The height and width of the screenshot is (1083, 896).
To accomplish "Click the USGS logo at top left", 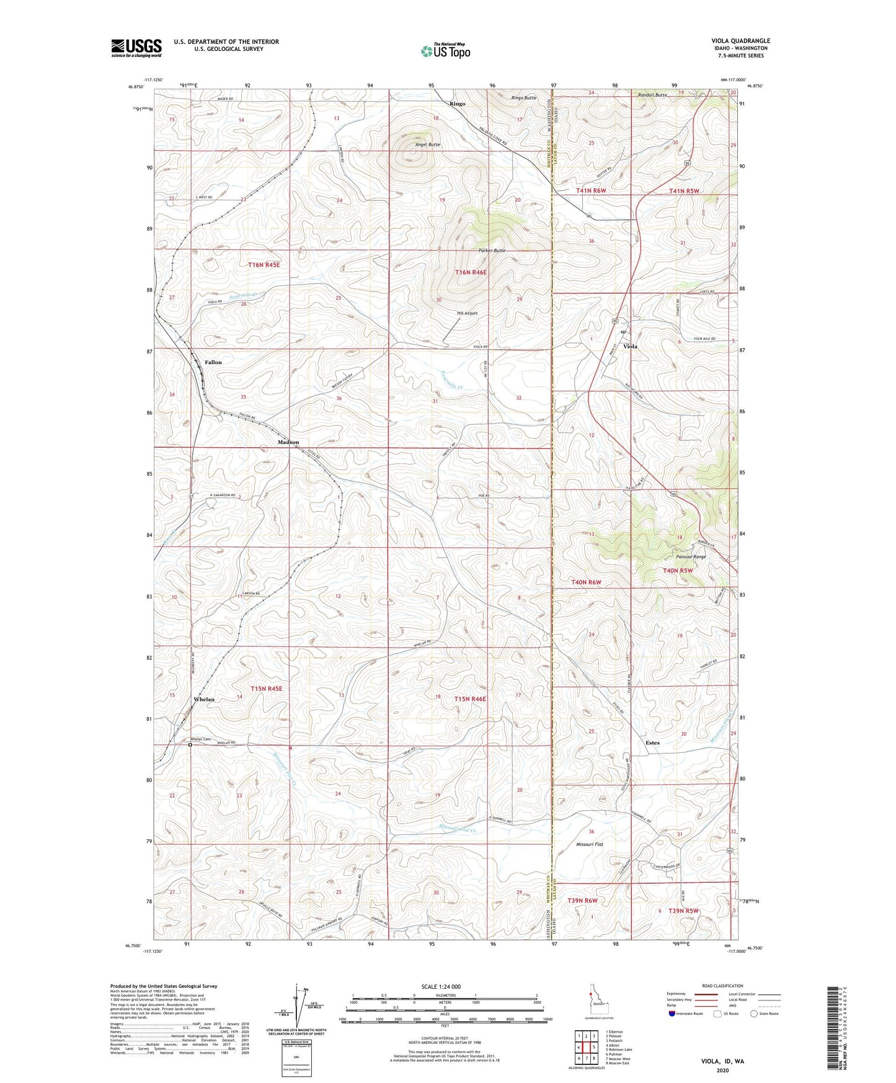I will (x=136, y=47).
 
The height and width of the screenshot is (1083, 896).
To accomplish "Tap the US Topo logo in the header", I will (x=445, y=51).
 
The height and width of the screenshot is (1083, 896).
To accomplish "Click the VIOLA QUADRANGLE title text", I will (x=740, y=41).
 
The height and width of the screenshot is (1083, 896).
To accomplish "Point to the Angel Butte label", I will (x=427, y=145).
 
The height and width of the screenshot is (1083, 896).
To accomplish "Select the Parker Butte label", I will (x=492, y=251).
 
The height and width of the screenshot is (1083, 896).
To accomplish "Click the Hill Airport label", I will (x=467, y=313).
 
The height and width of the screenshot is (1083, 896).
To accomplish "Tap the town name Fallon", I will (x=213, y=362).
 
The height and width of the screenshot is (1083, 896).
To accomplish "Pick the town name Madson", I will (x=288, y=442).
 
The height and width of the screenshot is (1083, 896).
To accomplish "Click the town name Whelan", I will (x=203, y=699).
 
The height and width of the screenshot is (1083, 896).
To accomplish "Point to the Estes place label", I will (x=652, y=742).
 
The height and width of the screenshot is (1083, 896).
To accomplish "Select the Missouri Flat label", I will (x=590, y=845).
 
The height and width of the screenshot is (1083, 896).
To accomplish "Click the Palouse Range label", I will (x=691, y=556).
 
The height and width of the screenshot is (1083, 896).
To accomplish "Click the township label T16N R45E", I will (x=264, y=265).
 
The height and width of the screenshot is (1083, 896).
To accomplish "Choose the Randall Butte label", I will (x=652, y=95).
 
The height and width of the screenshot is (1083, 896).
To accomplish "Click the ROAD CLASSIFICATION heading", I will (x=722, y=986).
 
